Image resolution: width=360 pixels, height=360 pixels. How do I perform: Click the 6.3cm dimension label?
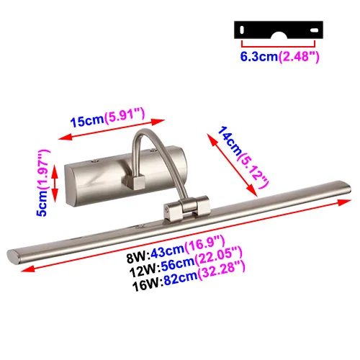point(259,57)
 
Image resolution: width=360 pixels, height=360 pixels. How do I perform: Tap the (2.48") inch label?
point(299,57)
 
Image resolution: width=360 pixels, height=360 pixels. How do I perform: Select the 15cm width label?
point(87,121)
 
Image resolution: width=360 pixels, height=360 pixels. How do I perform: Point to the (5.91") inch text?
point(125,115)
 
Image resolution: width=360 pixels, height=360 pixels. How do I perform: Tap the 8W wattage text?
point(137,257)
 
